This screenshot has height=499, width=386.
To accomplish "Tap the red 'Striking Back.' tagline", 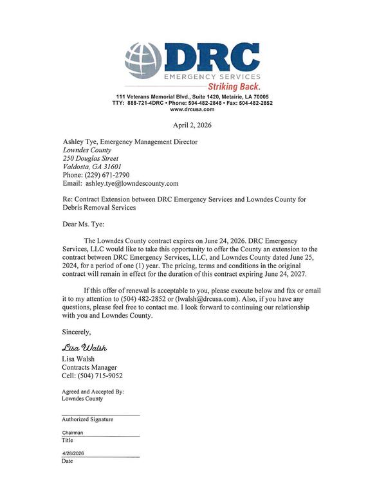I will pos(233,86).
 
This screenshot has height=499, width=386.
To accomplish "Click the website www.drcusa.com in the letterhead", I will pos(192,109).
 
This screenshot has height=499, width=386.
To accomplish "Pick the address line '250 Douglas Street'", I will pos(91,158).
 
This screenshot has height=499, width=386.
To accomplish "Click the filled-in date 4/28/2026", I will pos(73,453).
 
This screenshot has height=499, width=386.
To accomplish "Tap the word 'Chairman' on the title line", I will pos(72,433).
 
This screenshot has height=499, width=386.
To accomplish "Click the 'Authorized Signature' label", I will pos(87,419).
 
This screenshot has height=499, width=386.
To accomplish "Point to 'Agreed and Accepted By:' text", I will pos(93,391).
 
